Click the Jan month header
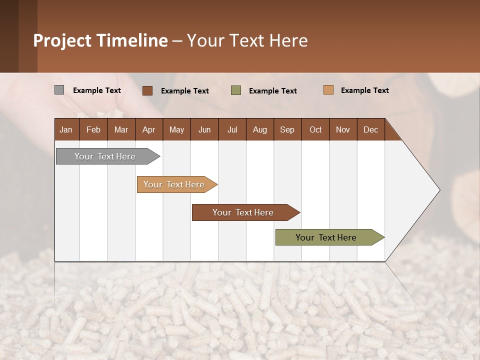(x=66, y=129)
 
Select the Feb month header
(x=93, y=129)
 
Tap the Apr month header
(x=148, y=129)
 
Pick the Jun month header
(x=204, y=129)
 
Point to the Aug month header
(x=259, y=129)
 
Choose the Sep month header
(x=287, y=129)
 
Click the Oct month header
(x=315, y=129)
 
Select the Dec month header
(x=370, y=129)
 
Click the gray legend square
(x=59, y=90)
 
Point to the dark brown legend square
(x=147, y=90)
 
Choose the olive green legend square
(x=236, y=90)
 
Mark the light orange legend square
(x=328, y=90)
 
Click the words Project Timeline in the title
(x=100, y=40)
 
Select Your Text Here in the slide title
(x=247, y=40)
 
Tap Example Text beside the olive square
(x=272, y=90)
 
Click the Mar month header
(x=121, y=129)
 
